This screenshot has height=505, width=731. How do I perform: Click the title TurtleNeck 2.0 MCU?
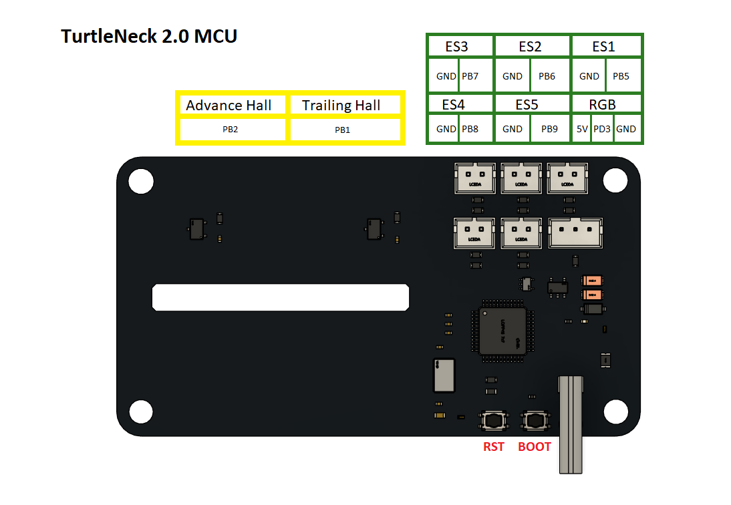[x=149, y=36]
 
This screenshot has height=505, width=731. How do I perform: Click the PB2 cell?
[x=231, y=130]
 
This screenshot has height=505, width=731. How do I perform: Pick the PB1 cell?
[x=343, y=130]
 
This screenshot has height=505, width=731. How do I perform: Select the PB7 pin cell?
[x=470, y=76]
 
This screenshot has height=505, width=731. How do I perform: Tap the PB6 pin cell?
[x=547, y=76]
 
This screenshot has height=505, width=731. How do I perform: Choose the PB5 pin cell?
[x=621, y=76]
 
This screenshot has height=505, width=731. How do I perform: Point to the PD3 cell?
[x=602, y=129]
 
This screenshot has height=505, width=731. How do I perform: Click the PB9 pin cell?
[x=549, y=129]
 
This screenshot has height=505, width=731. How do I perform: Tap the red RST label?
[x=494, y=447]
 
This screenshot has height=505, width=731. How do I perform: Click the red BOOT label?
[x=535, y=447]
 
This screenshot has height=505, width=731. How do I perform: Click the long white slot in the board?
[x=281, y=297]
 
